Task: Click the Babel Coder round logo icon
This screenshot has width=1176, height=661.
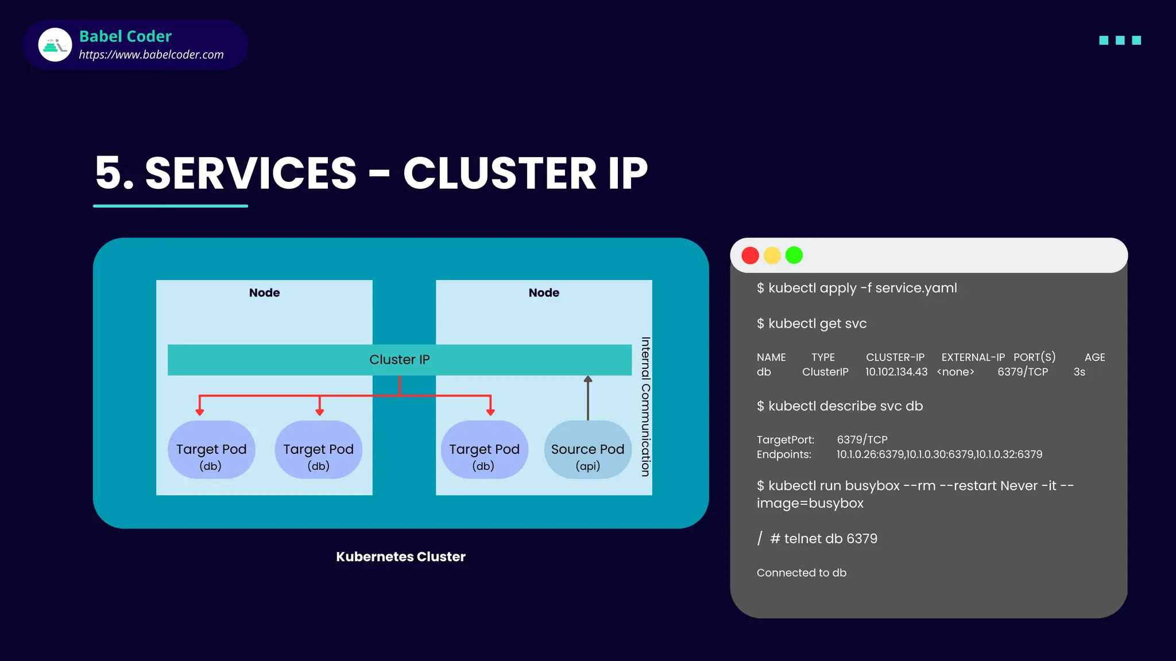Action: coord(55,45)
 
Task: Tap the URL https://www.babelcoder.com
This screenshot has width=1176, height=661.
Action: coord(151,55)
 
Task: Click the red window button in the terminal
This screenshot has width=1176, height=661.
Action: coord(750,255)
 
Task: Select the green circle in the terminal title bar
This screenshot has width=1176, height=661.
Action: coord(794,255)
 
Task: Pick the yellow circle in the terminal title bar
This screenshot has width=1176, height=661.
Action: coord(772,255)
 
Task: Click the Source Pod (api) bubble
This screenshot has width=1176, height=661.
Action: coord(587,450)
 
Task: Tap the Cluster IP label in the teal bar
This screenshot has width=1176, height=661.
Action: coord(399,360)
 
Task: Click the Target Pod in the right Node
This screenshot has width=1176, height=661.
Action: coord(484,450)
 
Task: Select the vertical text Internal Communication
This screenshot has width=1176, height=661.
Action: coord(645,406)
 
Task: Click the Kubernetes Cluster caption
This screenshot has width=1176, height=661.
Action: coord(400,557)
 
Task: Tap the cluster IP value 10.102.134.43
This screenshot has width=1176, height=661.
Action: coord(896,372)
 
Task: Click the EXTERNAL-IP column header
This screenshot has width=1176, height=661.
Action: coord(973,357)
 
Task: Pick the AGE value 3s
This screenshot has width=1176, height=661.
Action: coord(1079,372)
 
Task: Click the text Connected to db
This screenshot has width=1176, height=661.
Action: coord(801,573)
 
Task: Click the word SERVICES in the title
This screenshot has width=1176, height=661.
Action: coord(251,173)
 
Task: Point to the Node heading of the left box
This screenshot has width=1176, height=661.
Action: coord(264,293)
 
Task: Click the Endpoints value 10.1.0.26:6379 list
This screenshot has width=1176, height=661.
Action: coord(939,454)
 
